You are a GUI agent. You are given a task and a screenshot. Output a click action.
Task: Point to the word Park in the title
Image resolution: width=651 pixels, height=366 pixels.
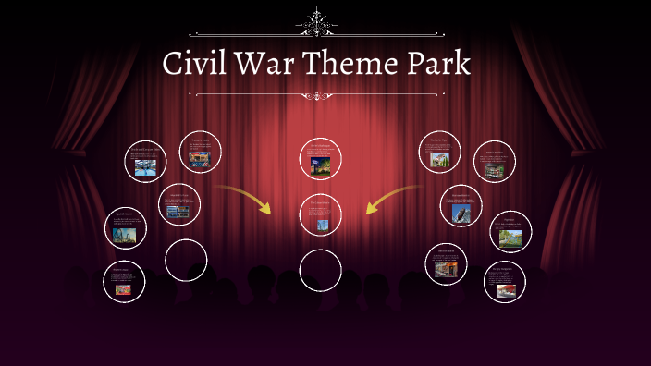point(437,64)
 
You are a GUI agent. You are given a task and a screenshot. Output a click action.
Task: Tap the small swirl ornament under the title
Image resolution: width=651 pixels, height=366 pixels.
point(318,94)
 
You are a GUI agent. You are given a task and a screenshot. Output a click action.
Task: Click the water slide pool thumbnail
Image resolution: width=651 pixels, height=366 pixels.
point(146,167)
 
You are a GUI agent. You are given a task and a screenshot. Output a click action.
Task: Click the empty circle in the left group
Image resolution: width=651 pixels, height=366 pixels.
point(186,260)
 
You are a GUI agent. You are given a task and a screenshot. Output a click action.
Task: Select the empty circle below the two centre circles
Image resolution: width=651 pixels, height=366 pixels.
point(320,269)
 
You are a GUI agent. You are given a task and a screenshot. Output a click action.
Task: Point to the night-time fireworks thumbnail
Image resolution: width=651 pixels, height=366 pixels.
point(320,165)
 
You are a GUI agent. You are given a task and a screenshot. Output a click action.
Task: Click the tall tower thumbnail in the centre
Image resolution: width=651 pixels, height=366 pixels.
point(321,224)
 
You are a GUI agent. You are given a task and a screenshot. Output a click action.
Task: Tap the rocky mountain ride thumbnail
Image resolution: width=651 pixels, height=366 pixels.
point(459,213)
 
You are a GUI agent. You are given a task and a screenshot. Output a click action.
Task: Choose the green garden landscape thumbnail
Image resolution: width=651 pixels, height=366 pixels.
point(510,238)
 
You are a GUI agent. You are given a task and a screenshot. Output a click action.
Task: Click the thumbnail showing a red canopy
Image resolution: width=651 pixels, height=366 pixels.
point(506,291)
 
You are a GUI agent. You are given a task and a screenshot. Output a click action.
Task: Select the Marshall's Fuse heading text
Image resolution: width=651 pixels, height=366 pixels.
point(179,196)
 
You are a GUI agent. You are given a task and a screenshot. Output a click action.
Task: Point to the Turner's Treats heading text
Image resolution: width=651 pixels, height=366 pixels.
point(200,139)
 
